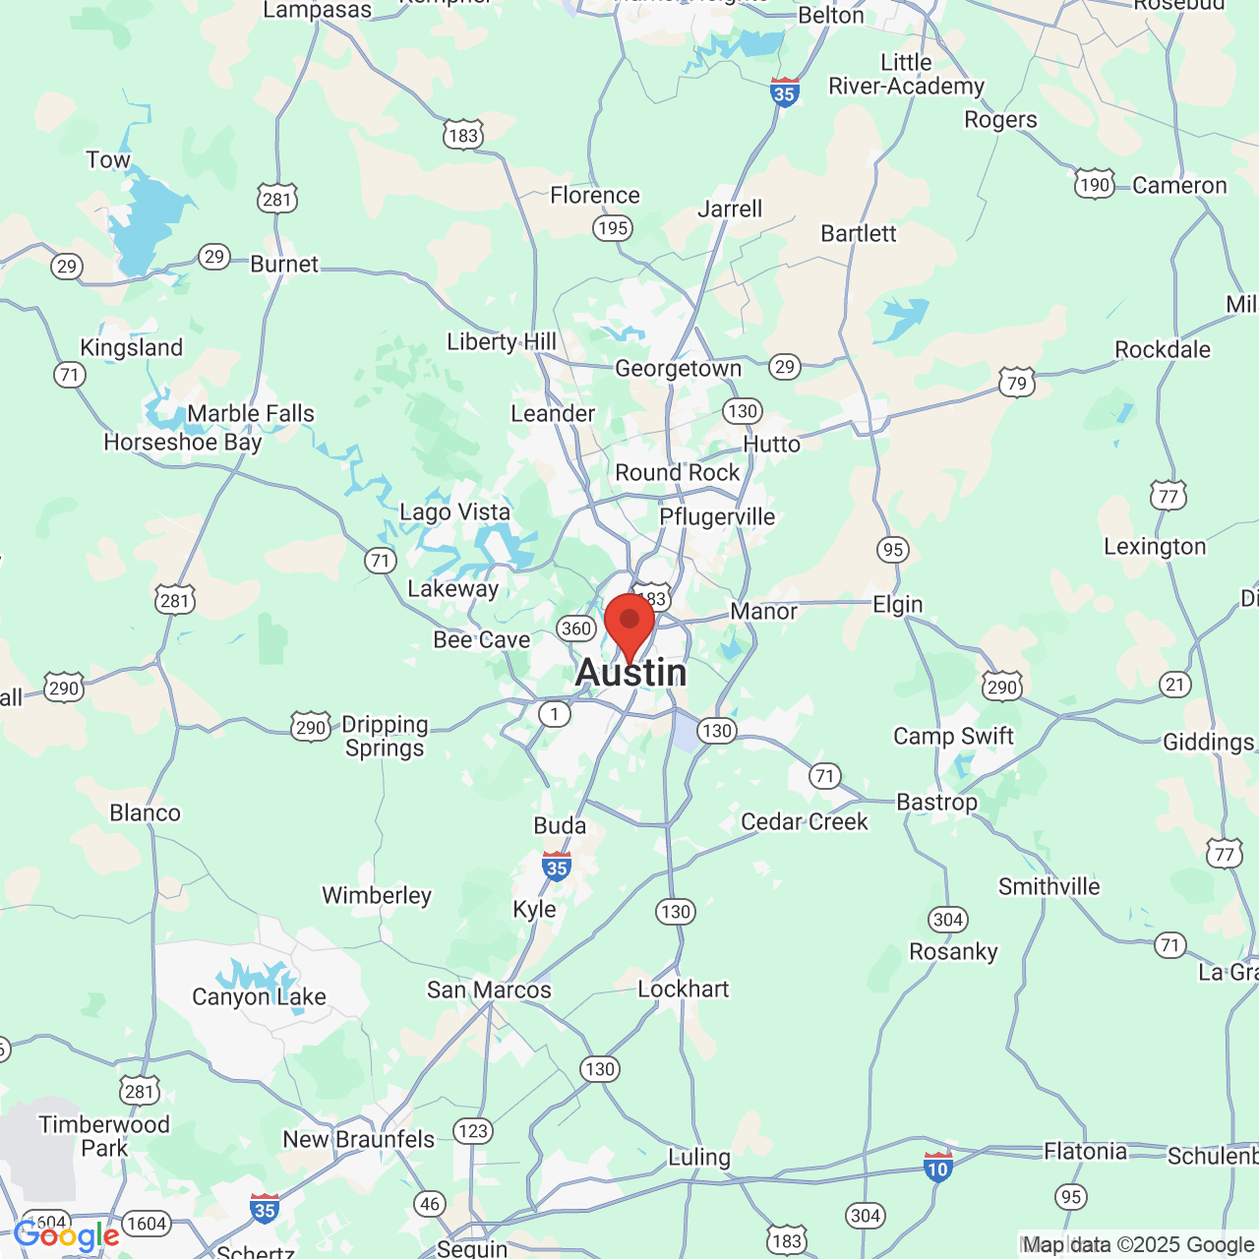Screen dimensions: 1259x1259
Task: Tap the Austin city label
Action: coord(630,674)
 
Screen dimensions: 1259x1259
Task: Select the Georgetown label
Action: coord(678,369)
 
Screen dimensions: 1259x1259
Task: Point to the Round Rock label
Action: coord(677,473)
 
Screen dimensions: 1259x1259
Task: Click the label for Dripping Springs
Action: coord(385,736)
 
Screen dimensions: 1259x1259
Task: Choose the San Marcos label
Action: coord(489,990)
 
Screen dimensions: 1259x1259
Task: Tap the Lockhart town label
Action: coord(684,989)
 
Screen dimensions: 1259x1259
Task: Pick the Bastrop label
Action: coord(936,803)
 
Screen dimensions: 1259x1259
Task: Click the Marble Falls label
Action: coord(251,414)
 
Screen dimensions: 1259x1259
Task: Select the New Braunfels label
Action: coord(358,1139)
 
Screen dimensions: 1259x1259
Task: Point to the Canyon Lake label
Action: coord(259,997)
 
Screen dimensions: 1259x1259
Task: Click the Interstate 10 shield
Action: coord(937,1168)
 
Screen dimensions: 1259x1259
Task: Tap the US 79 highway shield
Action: coord(1016,384)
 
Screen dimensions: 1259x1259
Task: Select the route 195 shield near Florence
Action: coord(612,228)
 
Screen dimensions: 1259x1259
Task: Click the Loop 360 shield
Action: coord(575,629)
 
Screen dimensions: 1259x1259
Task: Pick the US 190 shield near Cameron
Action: coord(1094,185)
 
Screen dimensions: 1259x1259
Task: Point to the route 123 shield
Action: coord(473,1130)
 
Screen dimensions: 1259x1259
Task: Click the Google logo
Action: coord(67,1235)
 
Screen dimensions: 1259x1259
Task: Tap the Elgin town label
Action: coord(898,605)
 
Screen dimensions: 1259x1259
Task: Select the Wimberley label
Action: coord(377,896)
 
